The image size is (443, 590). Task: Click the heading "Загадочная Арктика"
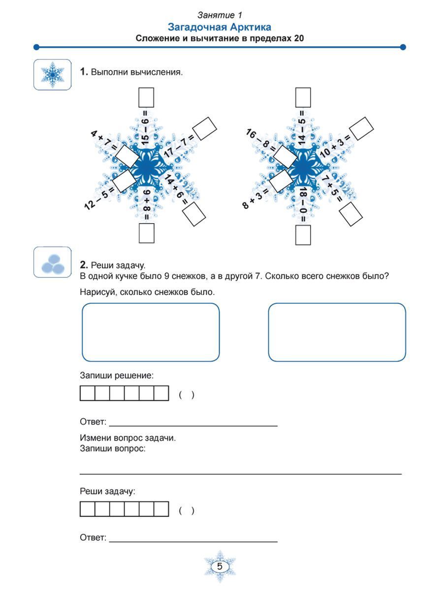(x=220, y=27)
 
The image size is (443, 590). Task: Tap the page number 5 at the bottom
(x=220, y=566)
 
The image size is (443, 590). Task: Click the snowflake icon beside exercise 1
(x=52, y=75)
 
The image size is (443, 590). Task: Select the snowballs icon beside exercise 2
(x=52, y=263)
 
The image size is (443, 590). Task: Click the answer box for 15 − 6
(x=146, y=97)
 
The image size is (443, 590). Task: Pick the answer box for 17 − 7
(x=204, y=128)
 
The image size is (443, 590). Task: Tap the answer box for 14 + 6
(x=193, y=213)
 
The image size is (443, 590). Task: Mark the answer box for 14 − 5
(x=303, y=97)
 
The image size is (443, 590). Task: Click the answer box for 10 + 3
(x=361, y=128)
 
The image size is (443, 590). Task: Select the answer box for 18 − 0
(x=303, y=235)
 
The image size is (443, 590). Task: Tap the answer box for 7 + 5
(x=350, y=213)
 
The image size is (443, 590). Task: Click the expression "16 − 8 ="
(x=258, y=139)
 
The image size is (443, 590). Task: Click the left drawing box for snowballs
(x=151, y=332)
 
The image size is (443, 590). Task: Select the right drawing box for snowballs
(x=337, y=332)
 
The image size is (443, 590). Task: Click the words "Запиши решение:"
(x=117, y=376)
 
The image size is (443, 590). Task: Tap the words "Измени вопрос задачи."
(x=127, y=438)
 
